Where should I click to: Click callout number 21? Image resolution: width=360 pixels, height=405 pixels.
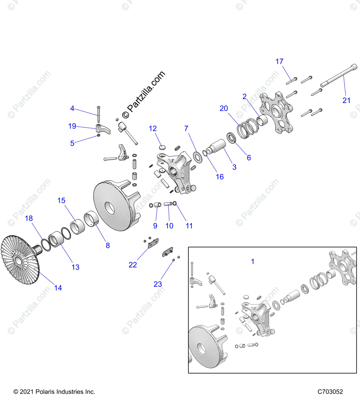click(346, 100)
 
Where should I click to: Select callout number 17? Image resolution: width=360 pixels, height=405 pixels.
click(279, 61)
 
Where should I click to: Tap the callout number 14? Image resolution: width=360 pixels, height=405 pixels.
click(58, 288)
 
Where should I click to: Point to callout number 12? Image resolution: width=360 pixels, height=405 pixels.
click(153, 129)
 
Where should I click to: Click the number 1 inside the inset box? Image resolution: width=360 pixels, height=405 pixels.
click(253, 261)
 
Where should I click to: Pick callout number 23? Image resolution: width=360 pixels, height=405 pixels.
click(158, 284)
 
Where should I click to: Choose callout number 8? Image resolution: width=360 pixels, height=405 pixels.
click(108, 245)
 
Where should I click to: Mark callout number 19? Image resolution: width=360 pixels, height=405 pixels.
click(72, 126)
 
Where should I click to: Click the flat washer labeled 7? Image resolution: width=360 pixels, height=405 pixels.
click(198, 157)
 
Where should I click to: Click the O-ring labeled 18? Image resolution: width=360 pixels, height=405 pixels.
click(46, 245)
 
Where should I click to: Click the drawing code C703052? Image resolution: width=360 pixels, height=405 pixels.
click(330, 392)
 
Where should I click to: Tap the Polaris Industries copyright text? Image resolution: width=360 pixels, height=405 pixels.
click(54, 392)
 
